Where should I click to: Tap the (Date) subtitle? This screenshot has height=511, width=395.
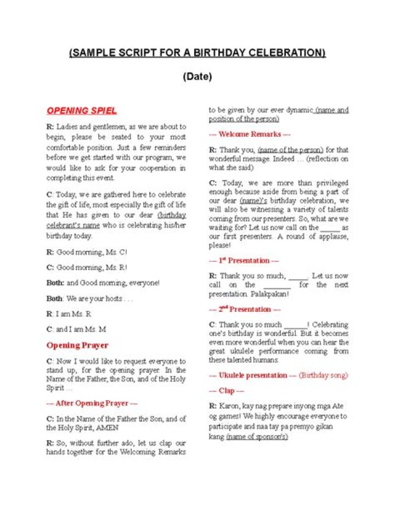point(197,77)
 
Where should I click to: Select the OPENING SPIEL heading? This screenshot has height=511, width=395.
point(81,111)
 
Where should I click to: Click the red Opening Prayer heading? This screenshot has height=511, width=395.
point(77,345)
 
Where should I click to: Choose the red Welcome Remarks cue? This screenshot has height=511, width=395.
point(250,134)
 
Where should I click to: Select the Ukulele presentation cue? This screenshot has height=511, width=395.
point(253,375)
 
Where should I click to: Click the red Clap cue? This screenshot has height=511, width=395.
point(227,391)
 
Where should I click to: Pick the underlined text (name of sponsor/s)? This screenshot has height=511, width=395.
point(257,437)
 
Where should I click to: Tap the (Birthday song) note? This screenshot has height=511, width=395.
point(323,375)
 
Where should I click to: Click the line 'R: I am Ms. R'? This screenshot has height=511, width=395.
point(69,314)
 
